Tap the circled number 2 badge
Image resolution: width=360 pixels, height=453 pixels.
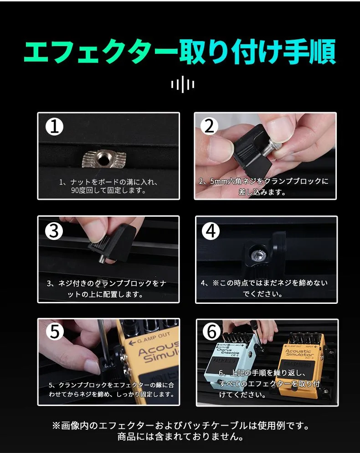[x=210, y=126]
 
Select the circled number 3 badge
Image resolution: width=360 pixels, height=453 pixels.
[x=54, y=231]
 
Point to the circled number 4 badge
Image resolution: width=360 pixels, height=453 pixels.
[x=211, y=231]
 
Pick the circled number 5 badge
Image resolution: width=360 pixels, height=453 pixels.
[x=55, y=331]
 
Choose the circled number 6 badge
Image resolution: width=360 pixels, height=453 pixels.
[x=211, y=331]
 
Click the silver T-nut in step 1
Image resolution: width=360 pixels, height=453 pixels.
[x=104, y=159]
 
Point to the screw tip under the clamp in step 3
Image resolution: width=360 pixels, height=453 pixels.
[x=102, y=259]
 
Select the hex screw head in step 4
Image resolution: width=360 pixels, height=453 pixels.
[x=257, y=254]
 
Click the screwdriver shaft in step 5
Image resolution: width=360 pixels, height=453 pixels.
[x=103, y=341]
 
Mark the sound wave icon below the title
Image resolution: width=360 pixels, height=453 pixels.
[x=182, y=84]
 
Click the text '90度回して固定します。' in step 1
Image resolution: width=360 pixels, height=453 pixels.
[x=108, y=190]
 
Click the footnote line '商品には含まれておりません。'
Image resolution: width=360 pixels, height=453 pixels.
[x=180, y=436]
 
